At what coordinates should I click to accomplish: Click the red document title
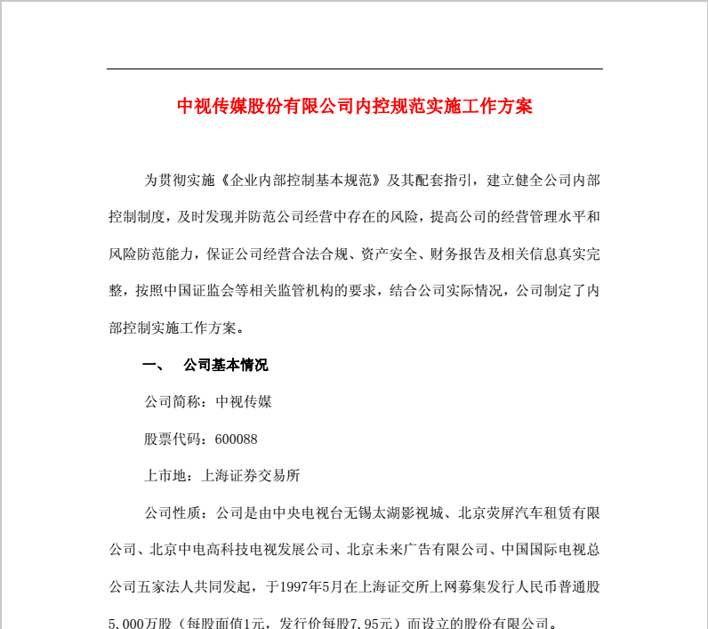coord(354,107)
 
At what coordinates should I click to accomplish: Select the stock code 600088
coord(237,439)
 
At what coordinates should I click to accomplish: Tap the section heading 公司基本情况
coord(225,365)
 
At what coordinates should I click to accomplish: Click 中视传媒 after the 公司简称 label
coord(244,402)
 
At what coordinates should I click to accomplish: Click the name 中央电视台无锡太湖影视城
coord(349,513)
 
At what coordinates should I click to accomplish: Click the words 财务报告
coord(455,254)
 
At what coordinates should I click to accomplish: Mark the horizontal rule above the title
coord(354,69)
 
